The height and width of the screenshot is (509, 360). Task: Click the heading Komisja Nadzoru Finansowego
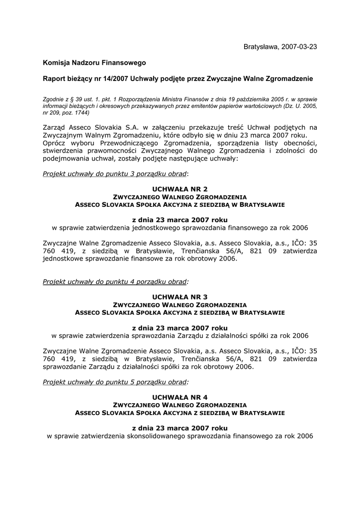tap(94, 63)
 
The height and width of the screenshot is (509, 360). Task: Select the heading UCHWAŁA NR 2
tap(180, 189)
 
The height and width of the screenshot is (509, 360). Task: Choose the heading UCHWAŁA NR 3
tap(180, 297)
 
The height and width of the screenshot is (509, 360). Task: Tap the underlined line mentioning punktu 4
tap(115, 281)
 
